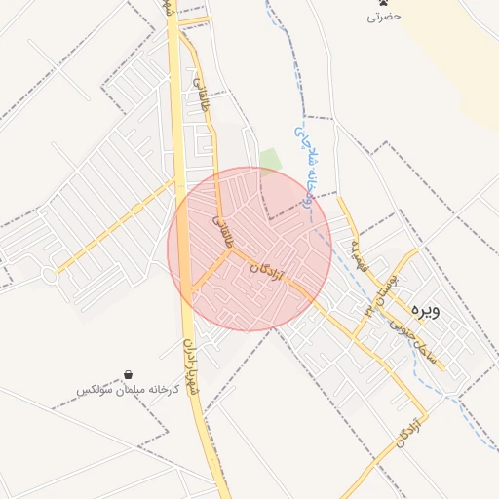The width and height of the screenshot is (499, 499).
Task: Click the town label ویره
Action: pyautogui.click(x=426, y=311)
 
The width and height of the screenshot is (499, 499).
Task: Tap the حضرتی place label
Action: pyautogui.click(x=383, y=17)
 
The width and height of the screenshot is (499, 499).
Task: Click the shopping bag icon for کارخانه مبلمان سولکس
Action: pyautogui.click(x=129, y=375)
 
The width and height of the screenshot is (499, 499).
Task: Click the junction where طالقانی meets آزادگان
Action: pyautogui.click(x=232, y=248)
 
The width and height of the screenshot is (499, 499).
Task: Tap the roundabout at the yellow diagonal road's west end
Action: pyautogui.click(x=50, y=276)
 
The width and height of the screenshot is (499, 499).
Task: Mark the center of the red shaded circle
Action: pyautogui.click(x=249, y=249)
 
